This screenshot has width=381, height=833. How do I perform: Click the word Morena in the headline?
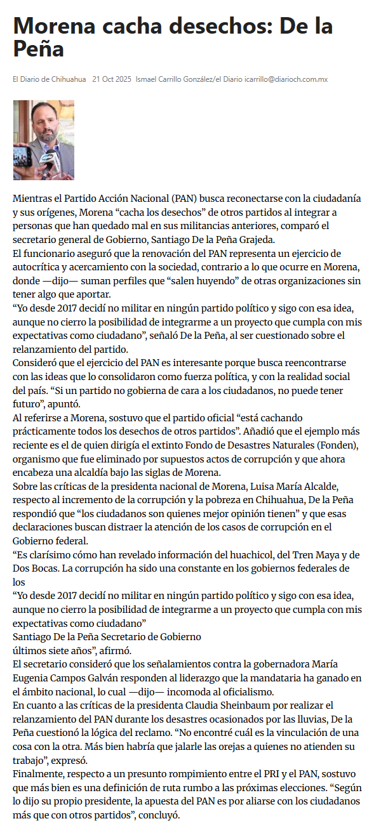tap(54, 27)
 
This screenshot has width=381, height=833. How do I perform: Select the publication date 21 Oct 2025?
tap(112, 79)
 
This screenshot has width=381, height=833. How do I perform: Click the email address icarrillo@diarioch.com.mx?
tap(286, 79)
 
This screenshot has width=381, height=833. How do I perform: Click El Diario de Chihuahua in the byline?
tap(50, 79)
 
